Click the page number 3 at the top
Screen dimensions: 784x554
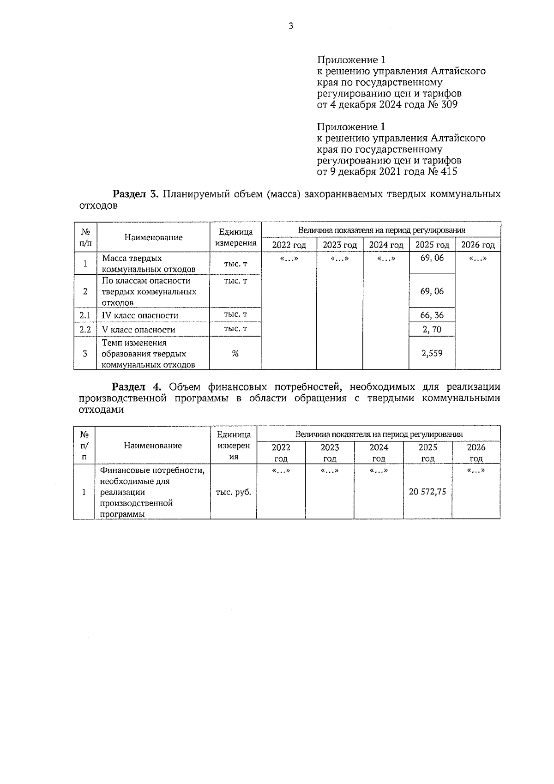(x=290, y=26)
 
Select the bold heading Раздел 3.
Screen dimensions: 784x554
(x=136, y=194)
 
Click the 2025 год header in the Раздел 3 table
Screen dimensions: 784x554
(x=432, y=245)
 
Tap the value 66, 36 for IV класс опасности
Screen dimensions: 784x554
(x=432, y=315)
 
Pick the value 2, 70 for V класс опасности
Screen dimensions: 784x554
(x=432, y=329)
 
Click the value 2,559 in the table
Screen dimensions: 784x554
(x=432, y=353)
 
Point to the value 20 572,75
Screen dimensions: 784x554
(x=428, y=492)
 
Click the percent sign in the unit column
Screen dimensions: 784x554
(x=235, y=354)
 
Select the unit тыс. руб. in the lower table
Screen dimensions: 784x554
(x=234, y=492)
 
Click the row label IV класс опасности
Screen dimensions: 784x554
(x=140, y=316)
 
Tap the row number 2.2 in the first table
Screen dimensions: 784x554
(x=85, y=330)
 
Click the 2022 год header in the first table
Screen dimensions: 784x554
(x=289, y=245)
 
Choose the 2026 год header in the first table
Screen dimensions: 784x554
(x=478, y=245)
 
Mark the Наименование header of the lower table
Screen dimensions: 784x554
(x=153, y=446)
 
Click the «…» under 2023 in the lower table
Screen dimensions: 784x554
(x=330, y=471)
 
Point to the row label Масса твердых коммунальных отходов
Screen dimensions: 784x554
(x=148, y=264)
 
